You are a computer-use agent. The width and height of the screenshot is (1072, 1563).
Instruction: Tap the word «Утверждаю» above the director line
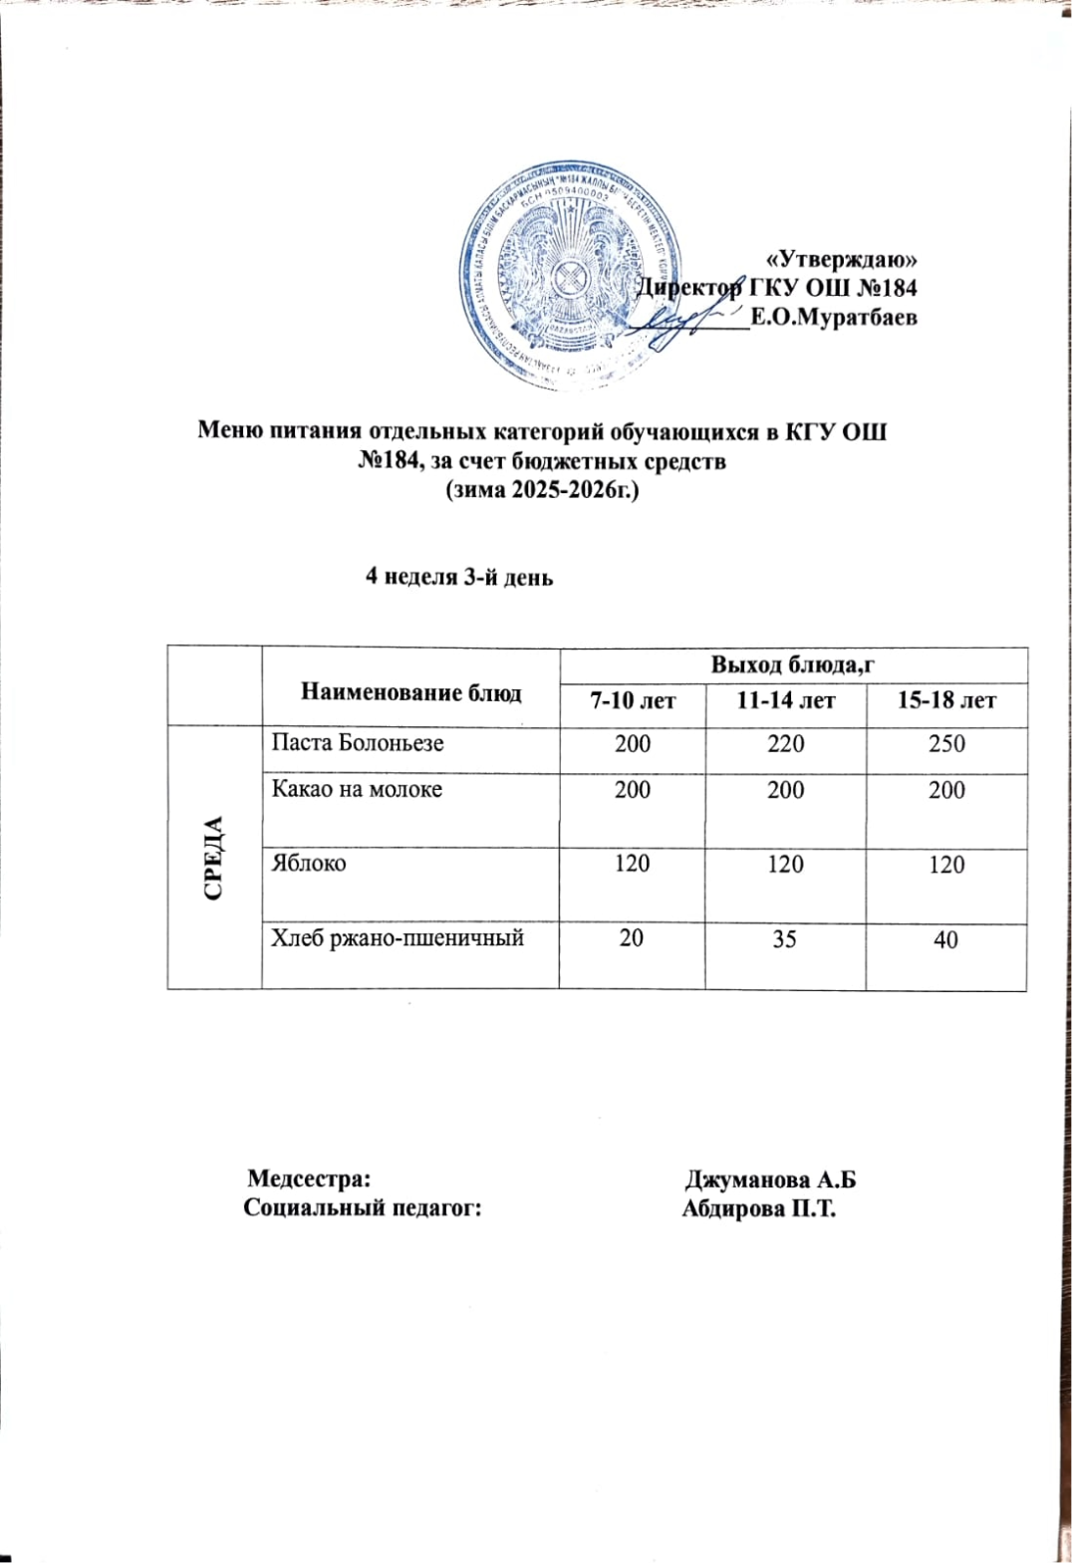[845, 260]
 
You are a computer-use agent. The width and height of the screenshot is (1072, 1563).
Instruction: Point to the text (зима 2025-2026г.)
[541, 490]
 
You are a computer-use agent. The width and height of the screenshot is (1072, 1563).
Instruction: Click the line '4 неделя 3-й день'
[459, 578]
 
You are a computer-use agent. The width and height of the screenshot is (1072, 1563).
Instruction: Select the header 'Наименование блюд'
[410, 692]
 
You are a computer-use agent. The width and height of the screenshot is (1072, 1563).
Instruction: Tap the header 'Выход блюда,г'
[792, 664]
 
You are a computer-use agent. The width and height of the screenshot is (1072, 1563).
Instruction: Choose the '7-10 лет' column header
[633, 701]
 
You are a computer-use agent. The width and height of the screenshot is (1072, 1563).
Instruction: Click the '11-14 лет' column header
[785, 701]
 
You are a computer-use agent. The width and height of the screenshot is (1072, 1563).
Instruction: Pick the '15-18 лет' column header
[945, 701]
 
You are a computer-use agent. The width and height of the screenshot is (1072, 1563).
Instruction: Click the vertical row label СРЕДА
[213, 858]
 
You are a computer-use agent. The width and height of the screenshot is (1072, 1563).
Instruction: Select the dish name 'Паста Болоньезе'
[358, 743]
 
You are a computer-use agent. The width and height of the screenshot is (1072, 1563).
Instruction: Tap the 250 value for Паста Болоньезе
[945, 744]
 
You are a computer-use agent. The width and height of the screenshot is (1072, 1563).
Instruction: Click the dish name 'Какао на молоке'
[357, 790]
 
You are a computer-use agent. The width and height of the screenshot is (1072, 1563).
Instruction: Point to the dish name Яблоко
[309, 863]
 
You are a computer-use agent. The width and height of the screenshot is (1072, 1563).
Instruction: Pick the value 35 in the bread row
[784, 938]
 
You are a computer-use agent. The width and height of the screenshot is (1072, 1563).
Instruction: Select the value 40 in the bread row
[945, 939]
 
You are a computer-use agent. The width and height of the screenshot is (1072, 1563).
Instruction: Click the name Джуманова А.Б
[770, 1180]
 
